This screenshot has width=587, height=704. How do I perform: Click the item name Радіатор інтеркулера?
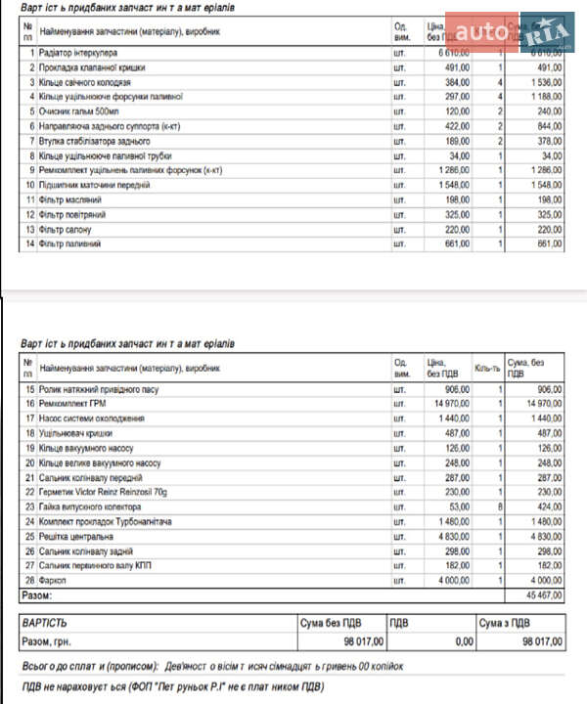click(78, 52)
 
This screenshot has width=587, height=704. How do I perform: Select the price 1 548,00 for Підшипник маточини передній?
click(452, 184)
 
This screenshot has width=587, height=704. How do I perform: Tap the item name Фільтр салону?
click(66, 228)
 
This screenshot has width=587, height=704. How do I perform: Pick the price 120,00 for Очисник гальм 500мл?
click(457, 110)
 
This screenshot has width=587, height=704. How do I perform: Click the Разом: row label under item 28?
click(36, 594)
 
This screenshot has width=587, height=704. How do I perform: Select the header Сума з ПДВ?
click(513, 621)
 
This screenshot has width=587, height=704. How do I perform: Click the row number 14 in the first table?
click(30, 242)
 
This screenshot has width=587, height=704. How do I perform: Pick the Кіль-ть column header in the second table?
click(486, 368)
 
